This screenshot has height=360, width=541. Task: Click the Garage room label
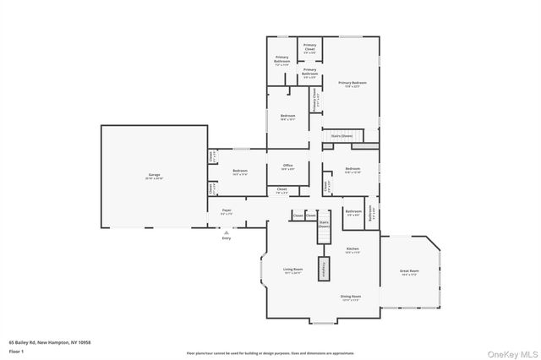155,176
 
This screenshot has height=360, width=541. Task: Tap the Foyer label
227,210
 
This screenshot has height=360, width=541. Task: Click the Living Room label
293,270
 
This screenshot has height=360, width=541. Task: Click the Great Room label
409,272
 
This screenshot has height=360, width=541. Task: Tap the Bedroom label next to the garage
239,172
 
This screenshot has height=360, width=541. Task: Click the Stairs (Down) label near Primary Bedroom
342,136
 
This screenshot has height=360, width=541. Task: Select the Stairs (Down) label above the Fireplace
324,225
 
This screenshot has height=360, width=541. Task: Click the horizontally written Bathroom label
353,212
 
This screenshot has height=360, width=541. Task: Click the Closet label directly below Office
281,190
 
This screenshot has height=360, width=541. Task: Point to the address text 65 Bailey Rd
50,342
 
